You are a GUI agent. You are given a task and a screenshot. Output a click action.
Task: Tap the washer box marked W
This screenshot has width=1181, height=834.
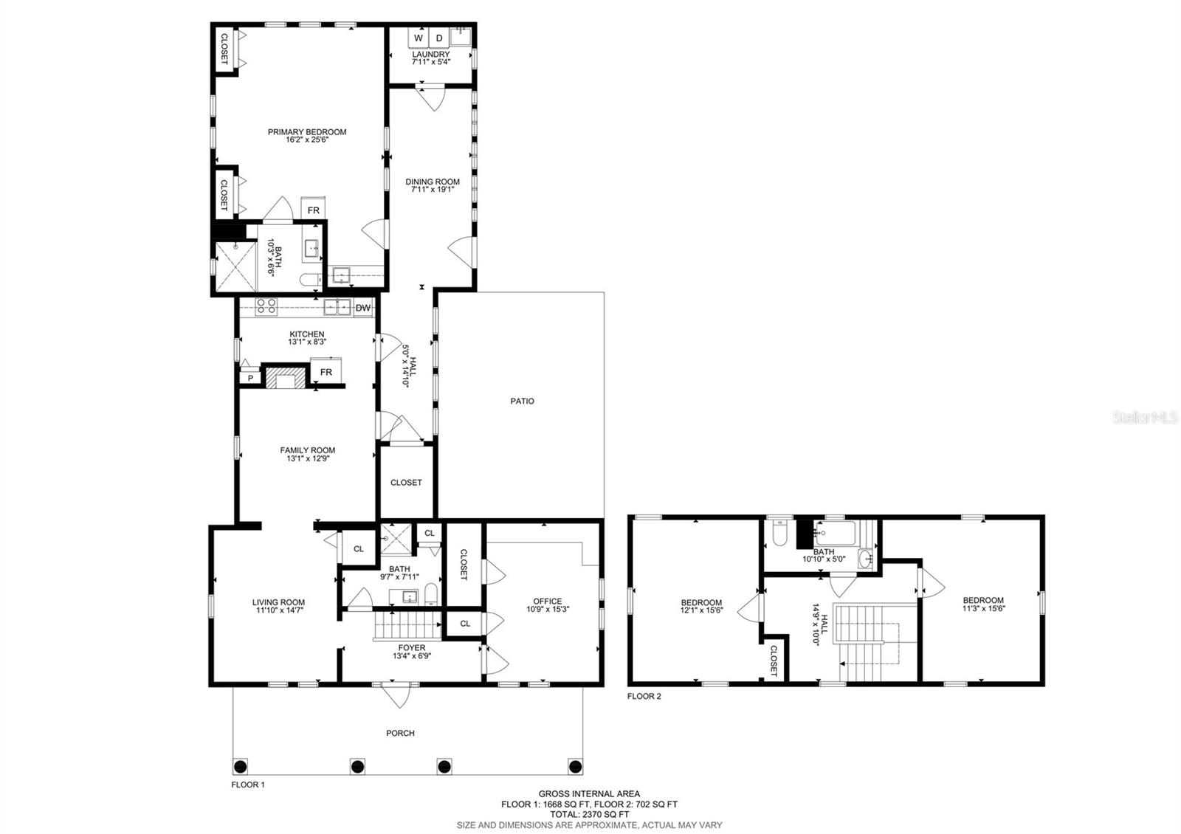419,38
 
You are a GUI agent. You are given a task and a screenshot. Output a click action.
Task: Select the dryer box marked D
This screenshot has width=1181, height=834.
438,38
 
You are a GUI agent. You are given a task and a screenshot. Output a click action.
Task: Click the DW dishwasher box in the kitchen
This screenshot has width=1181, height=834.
362,308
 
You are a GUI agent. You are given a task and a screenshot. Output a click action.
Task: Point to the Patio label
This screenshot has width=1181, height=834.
522,402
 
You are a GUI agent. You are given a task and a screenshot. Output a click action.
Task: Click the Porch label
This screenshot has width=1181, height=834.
400,733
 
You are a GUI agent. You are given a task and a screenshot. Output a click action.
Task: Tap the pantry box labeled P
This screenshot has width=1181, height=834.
250,378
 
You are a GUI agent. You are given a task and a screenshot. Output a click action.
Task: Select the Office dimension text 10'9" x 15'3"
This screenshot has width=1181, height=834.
548,610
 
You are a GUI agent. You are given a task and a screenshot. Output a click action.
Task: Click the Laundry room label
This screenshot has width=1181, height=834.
430,55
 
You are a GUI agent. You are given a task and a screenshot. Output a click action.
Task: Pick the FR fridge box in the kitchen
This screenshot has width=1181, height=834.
326,372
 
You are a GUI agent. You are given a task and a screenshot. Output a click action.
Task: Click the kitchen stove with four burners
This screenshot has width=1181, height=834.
266,306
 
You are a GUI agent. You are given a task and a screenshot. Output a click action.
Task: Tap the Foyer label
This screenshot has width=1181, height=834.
412,648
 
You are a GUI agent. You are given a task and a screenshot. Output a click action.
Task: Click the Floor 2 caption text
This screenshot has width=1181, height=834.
644,696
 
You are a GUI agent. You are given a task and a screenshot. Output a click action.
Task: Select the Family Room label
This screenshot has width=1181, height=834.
307,450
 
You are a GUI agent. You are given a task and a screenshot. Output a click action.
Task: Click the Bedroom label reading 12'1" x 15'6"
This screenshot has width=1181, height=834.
701,603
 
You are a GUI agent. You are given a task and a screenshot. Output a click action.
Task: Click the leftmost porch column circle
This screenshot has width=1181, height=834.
241,765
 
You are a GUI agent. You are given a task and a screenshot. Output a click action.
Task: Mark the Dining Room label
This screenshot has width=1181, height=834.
433,182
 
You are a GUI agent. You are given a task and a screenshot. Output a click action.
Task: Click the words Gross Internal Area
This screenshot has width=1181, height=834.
589,794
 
